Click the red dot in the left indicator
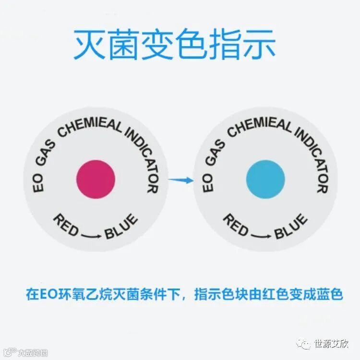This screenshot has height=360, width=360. pos(96,180)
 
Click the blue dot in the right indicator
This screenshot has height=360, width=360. pos(265,180)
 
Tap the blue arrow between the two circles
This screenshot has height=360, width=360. pos(180,180)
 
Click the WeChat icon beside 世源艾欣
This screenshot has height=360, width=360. pos(304,344)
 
